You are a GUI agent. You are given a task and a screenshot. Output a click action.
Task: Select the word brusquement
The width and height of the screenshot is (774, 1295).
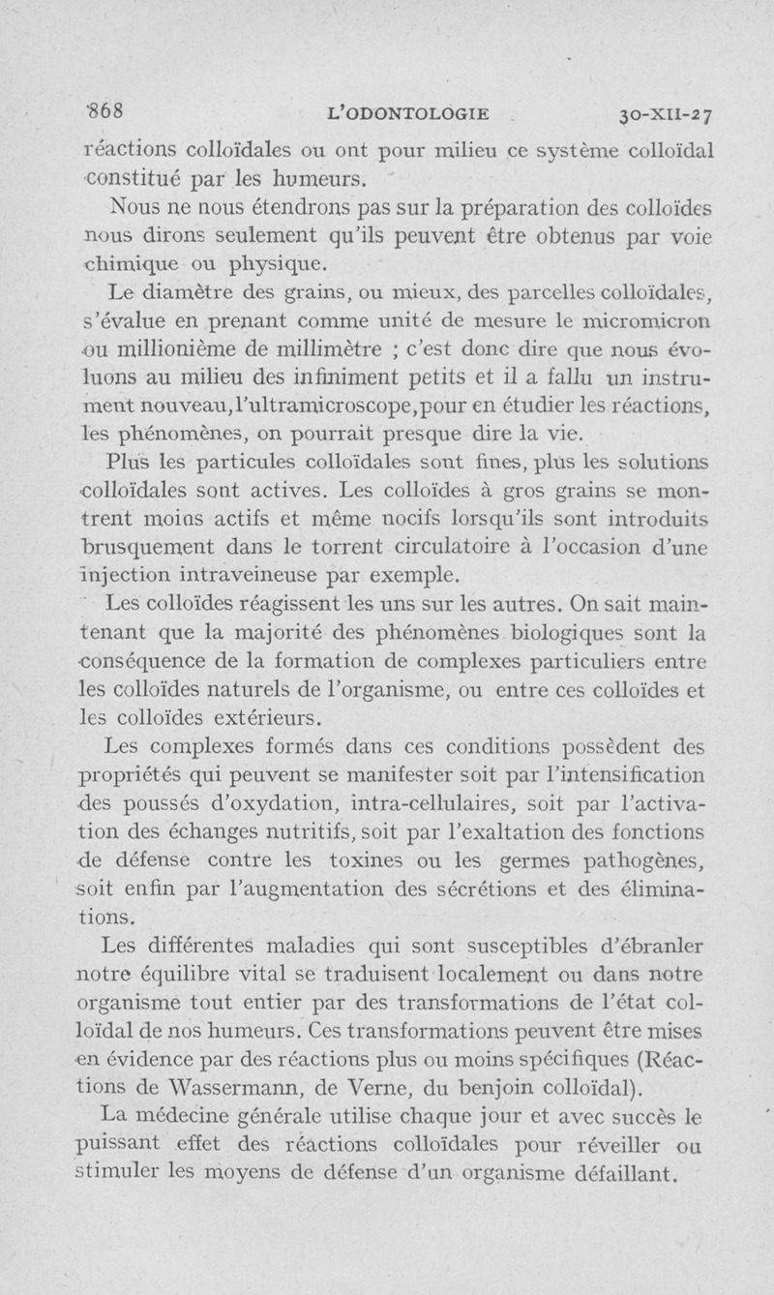coord(148,550)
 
